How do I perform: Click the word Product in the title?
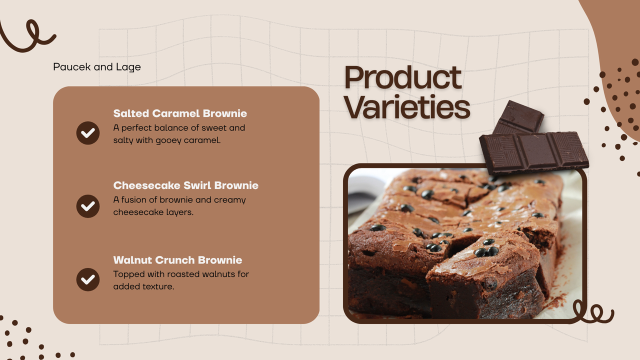coord(403,77)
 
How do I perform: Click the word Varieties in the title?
coord(407,107)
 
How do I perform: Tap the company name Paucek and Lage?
coord(97,67)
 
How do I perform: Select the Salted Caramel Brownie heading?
coord(180,113)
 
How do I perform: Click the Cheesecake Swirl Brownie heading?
coord(185,185)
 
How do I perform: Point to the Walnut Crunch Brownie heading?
coord(177,260)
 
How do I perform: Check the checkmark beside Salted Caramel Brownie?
coord(88,133)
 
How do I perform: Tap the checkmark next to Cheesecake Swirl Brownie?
coord(88,206)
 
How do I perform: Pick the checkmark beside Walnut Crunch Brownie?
coord(88,279)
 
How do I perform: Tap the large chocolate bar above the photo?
coord(534,151)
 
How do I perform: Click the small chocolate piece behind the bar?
coord(518,117)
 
